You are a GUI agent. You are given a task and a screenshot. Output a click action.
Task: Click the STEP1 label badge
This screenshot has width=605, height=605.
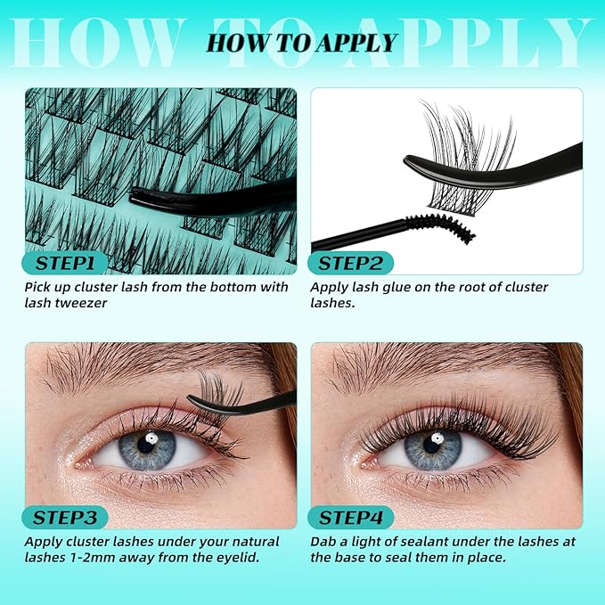pos(64,263)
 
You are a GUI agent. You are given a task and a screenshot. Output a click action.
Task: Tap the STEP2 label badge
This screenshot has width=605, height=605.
pos(350,263)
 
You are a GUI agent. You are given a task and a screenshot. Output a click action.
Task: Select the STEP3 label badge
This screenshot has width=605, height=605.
pos(64,518)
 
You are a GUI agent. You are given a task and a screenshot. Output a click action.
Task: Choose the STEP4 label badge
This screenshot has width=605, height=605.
pos(350,518)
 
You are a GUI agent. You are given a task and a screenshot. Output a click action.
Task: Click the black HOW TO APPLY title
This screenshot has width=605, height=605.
pos(302,43)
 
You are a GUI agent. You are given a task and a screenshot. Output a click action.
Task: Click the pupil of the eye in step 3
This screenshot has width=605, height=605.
pos(146,445)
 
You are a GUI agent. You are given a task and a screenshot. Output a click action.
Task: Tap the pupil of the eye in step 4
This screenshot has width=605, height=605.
pos(432,445)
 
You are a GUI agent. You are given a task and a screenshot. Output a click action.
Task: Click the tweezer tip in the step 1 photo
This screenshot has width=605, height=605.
pos(133,196)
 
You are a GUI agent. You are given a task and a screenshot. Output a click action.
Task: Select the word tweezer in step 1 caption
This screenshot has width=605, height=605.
pos(81,303)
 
